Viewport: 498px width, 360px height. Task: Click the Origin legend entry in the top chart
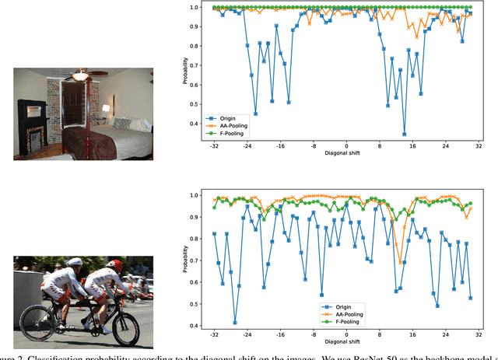click(x=223, y=119)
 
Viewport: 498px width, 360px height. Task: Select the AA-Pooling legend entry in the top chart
click(x=226, y=126)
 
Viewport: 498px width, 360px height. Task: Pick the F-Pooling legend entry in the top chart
click(x=225, y=133)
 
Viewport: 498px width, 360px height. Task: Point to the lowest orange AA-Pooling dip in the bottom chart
click(x=400, y=262)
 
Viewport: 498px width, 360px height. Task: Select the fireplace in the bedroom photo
click(x=33, y=136)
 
